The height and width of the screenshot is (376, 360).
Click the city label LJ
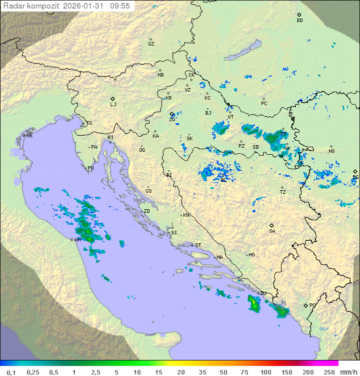point(113,105)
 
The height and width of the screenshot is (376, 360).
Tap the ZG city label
point(172,120)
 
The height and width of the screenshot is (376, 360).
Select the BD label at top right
point(299,21)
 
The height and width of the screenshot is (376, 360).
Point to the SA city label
point(272,231)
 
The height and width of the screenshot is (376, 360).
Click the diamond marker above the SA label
point(272,225)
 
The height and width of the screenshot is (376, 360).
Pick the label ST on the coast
point(198,245)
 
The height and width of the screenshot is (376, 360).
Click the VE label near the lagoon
point(29,136)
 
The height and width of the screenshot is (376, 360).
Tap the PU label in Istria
point(90,168)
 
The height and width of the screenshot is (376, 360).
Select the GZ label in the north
point(151,44)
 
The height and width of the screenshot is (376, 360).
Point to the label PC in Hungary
point(264,104)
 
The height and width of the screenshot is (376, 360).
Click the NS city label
point(331,151)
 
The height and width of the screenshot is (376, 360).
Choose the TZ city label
point(283,192)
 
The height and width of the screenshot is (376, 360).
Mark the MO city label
point(251,255)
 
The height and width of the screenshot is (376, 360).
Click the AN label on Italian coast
point(77,240)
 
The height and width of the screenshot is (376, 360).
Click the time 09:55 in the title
point(120,6)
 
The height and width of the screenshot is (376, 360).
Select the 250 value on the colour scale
point(328,372)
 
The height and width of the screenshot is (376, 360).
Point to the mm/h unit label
point(347,372)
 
